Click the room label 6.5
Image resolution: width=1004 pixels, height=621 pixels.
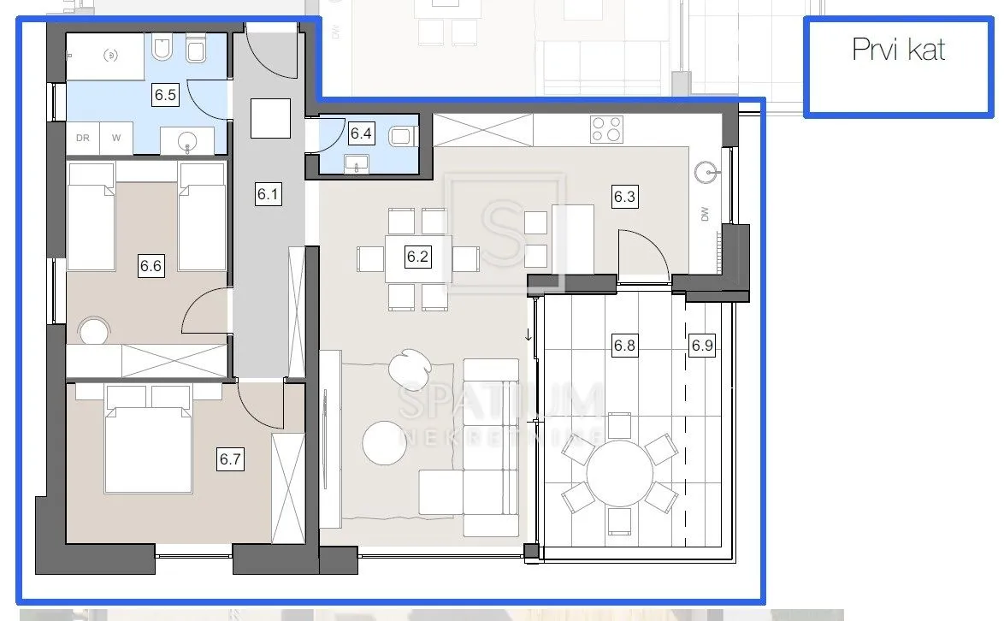click(x=165, y=95)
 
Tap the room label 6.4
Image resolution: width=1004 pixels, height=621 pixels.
click(x=361, y=133)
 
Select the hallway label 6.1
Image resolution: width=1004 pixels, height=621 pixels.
click(x=269, y=193)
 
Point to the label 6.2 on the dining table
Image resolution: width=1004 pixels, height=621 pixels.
click(x=417, y=257)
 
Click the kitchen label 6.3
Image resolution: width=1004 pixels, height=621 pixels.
click(x=624, y=196)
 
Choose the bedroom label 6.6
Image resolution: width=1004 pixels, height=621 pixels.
click(x=151, y=265)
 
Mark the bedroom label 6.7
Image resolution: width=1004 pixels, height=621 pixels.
click(x=231, y=459)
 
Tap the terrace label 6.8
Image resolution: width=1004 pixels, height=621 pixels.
click(x=624, y=346)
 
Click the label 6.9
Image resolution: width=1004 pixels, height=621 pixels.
click(x=702, y=346)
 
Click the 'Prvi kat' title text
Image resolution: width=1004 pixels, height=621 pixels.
click(x=898, y=50)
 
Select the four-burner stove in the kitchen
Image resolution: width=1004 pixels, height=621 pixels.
click(x=606, y=128)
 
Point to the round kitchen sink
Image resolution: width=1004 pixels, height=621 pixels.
click(x=706, y=172)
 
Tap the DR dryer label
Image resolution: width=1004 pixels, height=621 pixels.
click(x=83, y=138)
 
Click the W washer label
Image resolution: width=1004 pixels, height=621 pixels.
click(x=116, y=138)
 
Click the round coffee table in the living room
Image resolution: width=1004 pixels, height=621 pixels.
click(x=385, y=442)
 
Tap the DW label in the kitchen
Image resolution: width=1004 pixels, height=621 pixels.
click(x=705, y=214)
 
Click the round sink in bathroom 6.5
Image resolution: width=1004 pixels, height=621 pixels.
click(x=187, y=142)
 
